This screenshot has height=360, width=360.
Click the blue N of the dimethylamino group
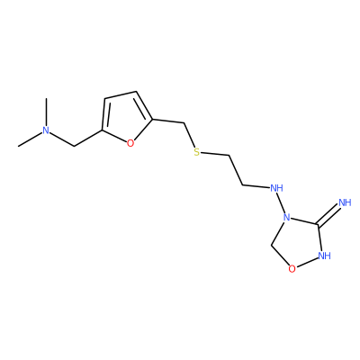click(46, 130)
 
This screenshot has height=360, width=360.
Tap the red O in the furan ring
click(130, 143)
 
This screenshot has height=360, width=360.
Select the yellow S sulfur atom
click(196, 152)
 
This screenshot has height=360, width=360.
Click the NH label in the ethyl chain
click(276, 188)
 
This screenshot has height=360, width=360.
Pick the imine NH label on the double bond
click(345, 202)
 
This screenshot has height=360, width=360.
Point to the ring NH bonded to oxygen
click(324, 256)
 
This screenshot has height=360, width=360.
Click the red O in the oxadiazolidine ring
click(292, 269)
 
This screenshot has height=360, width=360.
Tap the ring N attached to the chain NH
click(287, 217)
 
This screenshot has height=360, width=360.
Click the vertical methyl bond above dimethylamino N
click(46, 112)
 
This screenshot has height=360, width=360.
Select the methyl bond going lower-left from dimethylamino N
click(31, 139)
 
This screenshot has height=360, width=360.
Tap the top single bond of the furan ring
click(121, 94)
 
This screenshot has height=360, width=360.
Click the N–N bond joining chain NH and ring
click(282, 202)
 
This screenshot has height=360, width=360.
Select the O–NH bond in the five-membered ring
click(307, 263)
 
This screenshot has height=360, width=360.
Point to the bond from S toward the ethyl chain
click(215, 154)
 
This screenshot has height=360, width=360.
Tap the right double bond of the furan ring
click(144, 105)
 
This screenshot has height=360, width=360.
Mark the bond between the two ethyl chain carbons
click(237, 170)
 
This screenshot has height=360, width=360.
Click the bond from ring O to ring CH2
click(280, 255)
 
